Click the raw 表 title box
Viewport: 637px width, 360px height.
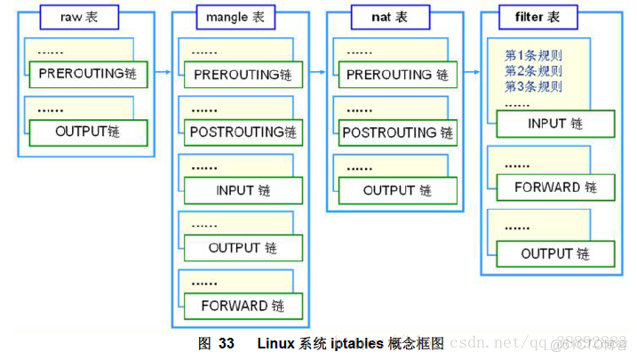[79, 17]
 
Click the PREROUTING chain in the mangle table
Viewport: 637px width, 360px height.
[243, 75]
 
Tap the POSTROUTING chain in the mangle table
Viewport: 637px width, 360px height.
[243, 132]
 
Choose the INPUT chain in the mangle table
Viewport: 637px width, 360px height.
[243, 190]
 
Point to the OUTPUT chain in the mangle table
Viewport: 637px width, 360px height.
[243, 248]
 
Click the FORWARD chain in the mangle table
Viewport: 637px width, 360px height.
[243, 306]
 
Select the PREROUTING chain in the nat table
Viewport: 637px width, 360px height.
[397, 75]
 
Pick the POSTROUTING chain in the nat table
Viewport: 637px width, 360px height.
[397, 132]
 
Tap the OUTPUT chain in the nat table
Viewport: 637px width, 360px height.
[397, 190]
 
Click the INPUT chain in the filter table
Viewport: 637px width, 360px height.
[555, 124]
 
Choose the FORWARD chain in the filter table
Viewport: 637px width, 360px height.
[555, 188]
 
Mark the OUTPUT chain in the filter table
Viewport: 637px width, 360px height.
[555, 253]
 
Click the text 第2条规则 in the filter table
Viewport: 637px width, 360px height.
[533, 71]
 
